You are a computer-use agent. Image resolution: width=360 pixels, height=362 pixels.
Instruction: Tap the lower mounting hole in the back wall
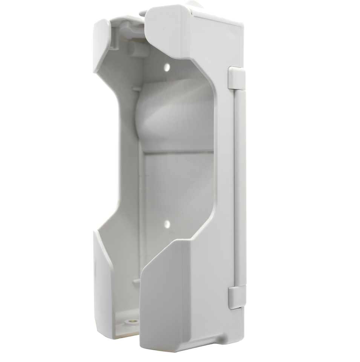pyautogui.click(x=167, y=224)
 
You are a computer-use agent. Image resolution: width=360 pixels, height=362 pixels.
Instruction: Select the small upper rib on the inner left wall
pyautogui.click(x=136, y=89)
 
